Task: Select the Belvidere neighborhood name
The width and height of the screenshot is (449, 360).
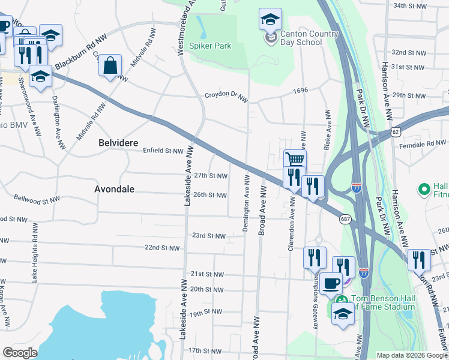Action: point(118,143)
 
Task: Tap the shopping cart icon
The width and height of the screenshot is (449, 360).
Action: point(295,160)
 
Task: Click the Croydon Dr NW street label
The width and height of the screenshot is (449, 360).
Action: point(226,95)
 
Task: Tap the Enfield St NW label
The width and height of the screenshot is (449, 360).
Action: point(163,151)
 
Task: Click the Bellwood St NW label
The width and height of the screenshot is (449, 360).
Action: point(37,198)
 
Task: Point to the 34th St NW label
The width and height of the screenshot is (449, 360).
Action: point(408,5)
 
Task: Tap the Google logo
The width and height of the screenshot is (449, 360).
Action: point(20,353)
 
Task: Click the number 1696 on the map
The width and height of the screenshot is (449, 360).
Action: point(300,91)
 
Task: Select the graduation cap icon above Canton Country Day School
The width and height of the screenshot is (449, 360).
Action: point(270,19)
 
